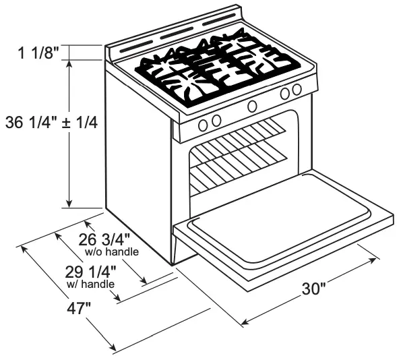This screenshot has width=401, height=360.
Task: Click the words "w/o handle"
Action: pos(112,252)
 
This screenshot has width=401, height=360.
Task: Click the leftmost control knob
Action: pos(204,124)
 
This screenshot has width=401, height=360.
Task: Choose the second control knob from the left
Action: pos(216,121)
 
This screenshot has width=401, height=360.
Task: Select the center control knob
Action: pos(253,106)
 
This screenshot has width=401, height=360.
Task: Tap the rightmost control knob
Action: pos(297,90)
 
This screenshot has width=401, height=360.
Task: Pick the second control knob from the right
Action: pos(285,93)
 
